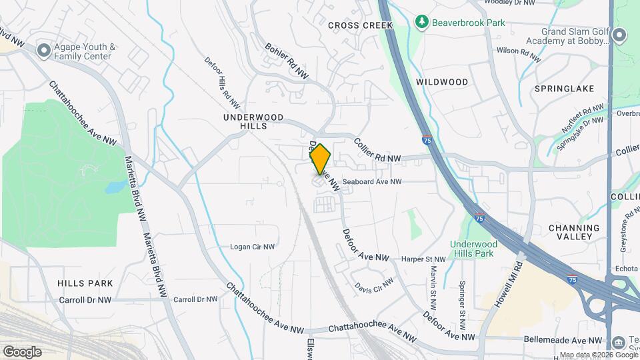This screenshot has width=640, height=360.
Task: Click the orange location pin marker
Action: [320, 159]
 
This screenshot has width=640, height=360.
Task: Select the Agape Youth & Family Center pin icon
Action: [45, 50]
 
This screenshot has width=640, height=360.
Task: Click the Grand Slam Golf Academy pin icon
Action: [619, 35]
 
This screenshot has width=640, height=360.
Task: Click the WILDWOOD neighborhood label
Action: [442, 82]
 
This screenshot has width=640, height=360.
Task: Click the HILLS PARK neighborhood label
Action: [85, 283]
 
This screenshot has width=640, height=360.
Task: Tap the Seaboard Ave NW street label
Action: [372, 181]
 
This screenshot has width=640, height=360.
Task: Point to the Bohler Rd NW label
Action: [287, 63]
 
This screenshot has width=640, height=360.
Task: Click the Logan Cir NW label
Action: [253, 247]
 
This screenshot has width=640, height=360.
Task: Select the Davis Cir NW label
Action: [374, 285]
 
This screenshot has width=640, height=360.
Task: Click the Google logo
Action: [22, 351]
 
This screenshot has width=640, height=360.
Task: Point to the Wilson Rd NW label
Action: [516, 51]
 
